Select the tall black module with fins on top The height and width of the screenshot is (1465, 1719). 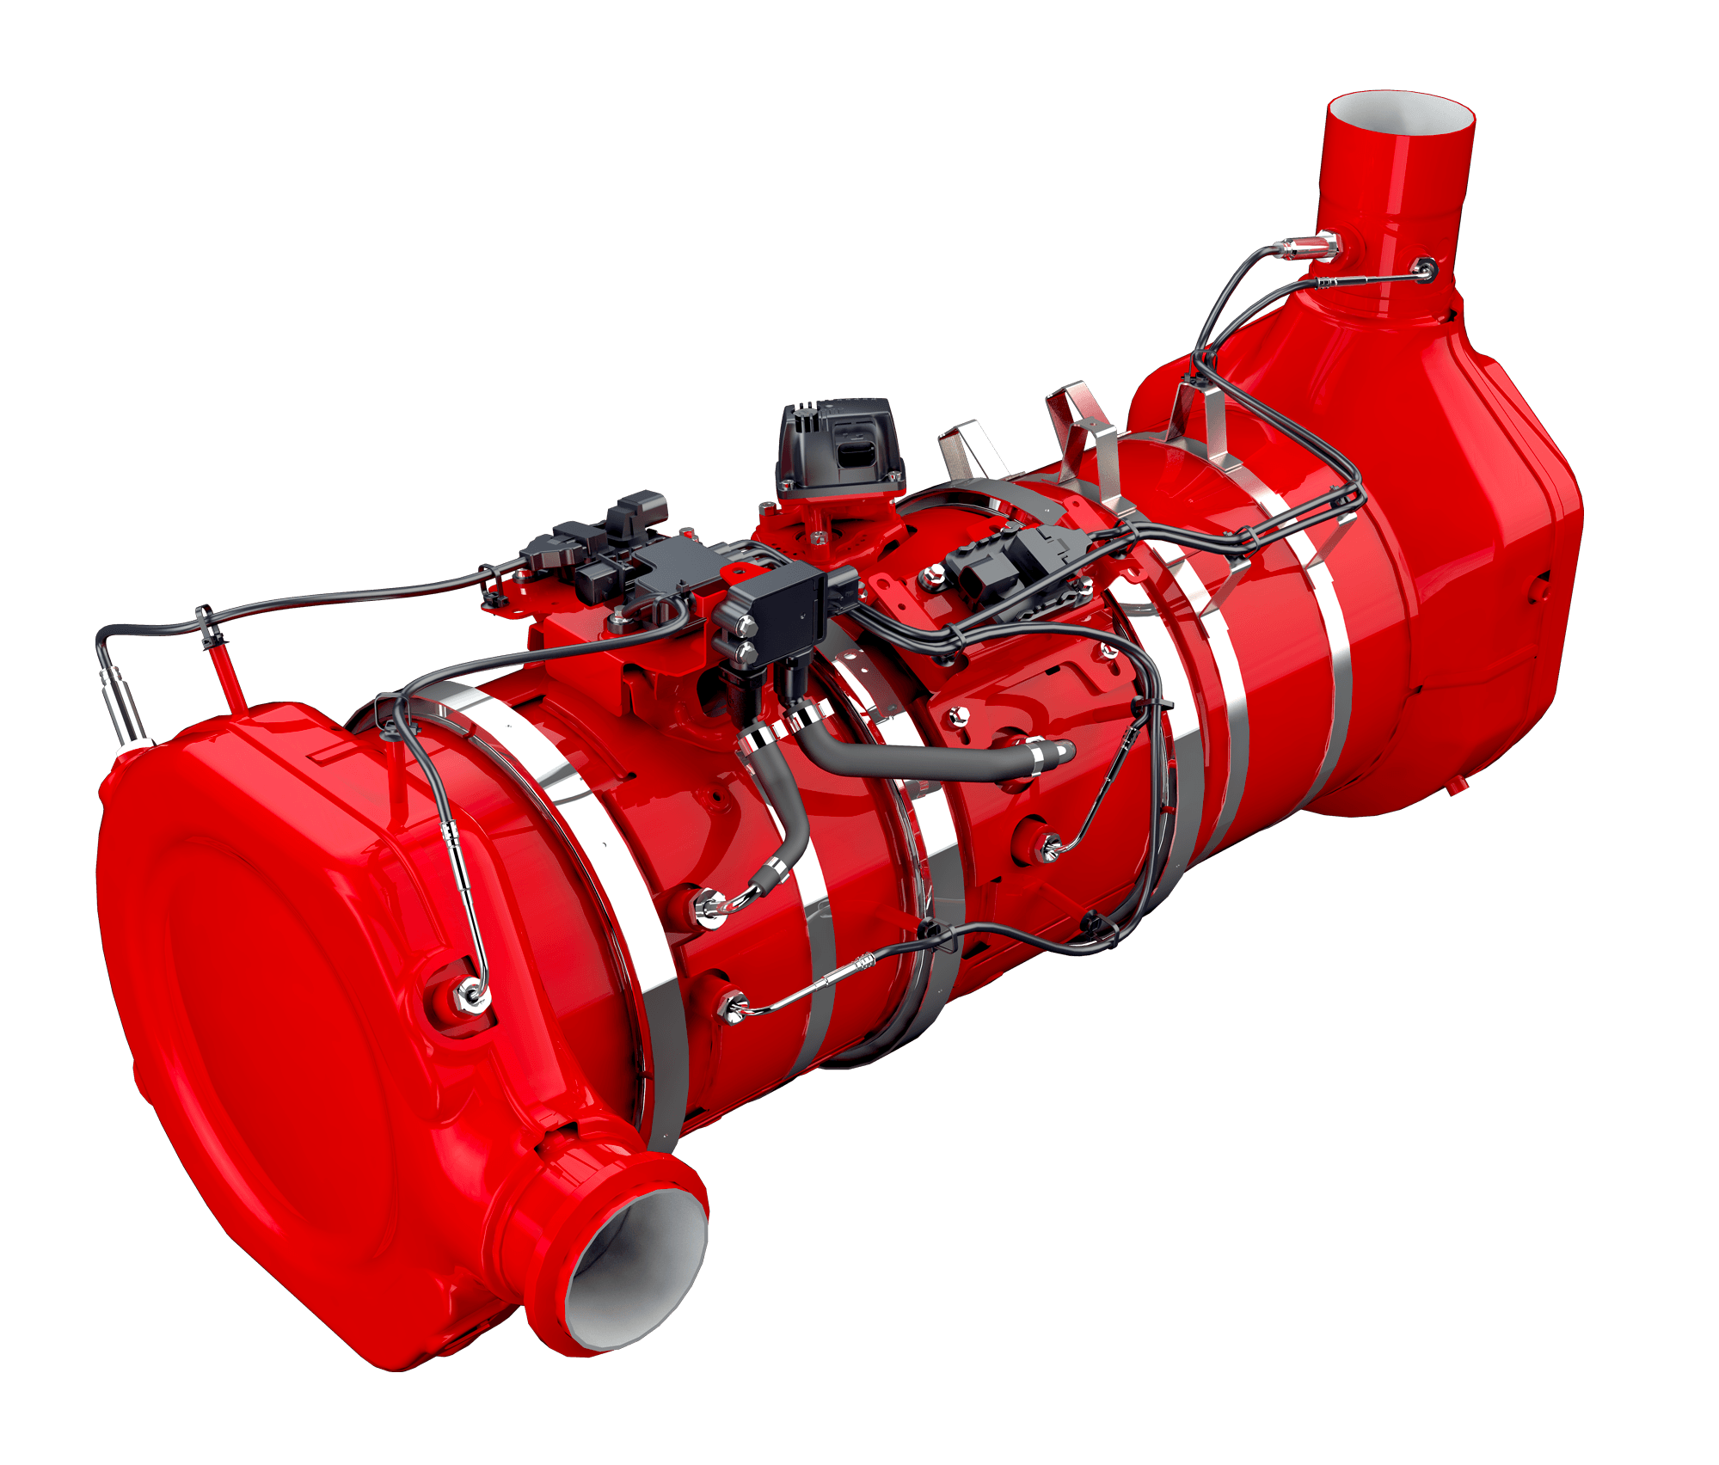pos(838,447)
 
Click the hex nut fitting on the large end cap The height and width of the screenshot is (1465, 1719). pos(471,995)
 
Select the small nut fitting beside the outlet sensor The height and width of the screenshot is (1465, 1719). pos(1425,269)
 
